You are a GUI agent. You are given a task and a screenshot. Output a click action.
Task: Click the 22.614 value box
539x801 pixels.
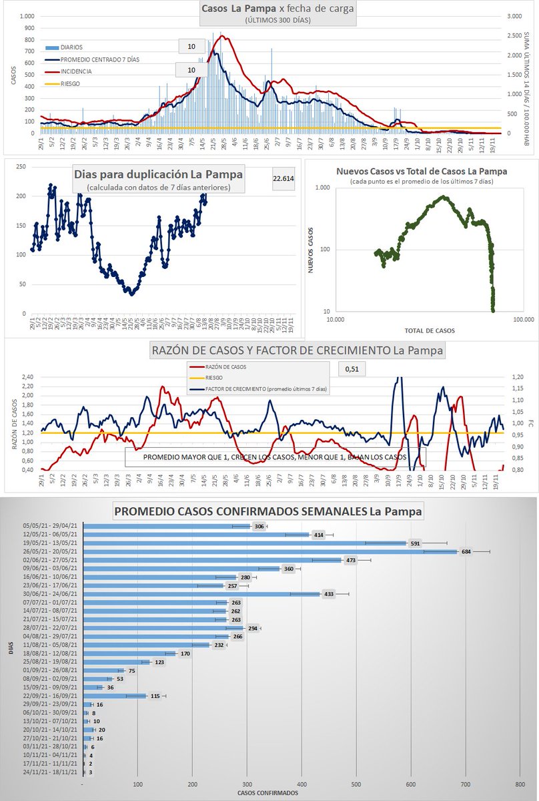tap(284, 178)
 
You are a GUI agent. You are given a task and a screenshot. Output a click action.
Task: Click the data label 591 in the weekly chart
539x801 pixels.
tap(415, 543)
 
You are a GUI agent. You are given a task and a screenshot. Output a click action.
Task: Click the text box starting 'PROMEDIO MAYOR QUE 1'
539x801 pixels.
tap(275, 457)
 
